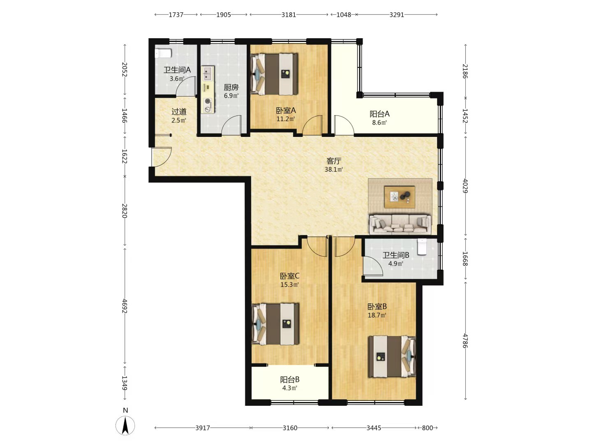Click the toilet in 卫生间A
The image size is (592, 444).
[x=163, y=53]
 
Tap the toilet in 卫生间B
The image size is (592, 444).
[x=422, y=246]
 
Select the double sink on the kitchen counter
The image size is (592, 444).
[x=207, y=74]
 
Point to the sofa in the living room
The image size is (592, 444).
[x=400, y=224]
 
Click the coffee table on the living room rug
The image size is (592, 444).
[x=400, y=197]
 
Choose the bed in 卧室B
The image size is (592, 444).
[x=392, y=356]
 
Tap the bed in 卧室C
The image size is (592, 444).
[x=275, y=324]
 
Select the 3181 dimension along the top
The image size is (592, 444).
[x=289, y=14]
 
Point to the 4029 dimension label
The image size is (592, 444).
[x=465, y=185]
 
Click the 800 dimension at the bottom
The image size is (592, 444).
[x=427, y=428]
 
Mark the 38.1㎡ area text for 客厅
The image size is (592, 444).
[x=334, y=169]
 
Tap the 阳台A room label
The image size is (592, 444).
[x=379, y=114]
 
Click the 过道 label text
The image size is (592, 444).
[x=179, y=111]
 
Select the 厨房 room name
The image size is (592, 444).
[x=231, y=87]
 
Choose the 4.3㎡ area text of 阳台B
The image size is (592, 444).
[x=290, y=388]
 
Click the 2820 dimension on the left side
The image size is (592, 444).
[x=124, y=210]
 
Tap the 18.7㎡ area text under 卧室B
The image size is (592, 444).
[x=377, y=315]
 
